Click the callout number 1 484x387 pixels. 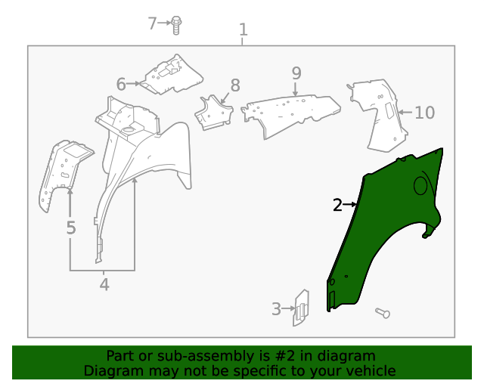[243, 30]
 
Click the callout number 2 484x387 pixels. [338, 204]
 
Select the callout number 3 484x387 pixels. [277, 308]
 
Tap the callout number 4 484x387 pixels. [104, 285]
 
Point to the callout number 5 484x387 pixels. [70, 228]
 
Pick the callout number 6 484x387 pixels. [121, 83]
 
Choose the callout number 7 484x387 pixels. [152, 23]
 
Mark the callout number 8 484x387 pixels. [235, 85]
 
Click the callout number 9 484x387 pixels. [296, 73]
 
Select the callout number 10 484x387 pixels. [425, 113]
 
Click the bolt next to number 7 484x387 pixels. [176, 24]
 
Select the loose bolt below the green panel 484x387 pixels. [381, 312]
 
